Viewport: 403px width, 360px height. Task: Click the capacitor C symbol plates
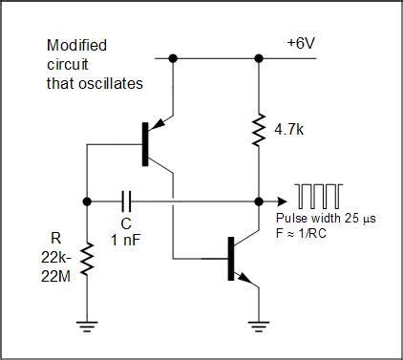[127, 201]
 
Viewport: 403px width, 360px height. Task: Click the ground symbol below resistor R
[87, 328]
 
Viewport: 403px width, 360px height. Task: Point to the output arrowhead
[282, 201]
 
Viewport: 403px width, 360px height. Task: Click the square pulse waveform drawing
[321, 197]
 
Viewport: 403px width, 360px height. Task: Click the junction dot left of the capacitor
[87, 201]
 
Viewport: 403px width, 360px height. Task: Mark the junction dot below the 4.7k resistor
[259, 201]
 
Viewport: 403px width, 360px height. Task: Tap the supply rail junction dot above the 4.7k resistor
[259, 58]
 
